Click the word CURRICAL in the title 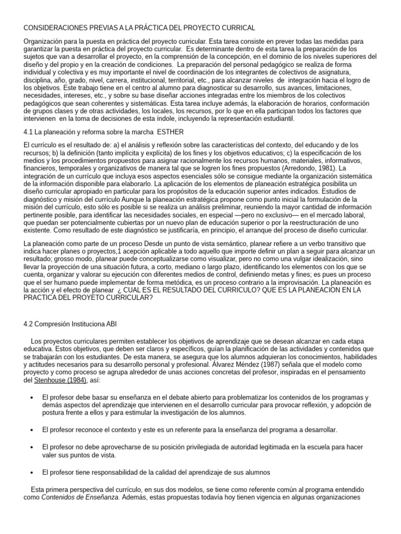coord(236,27)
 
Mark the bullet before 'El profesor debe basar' coord(32,397)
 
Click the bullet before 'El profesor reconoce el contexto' coord(32,430)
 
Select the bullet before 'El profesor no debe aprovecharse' coord(32,447)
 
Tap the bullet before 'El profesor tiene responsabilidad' coord(32,472)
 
